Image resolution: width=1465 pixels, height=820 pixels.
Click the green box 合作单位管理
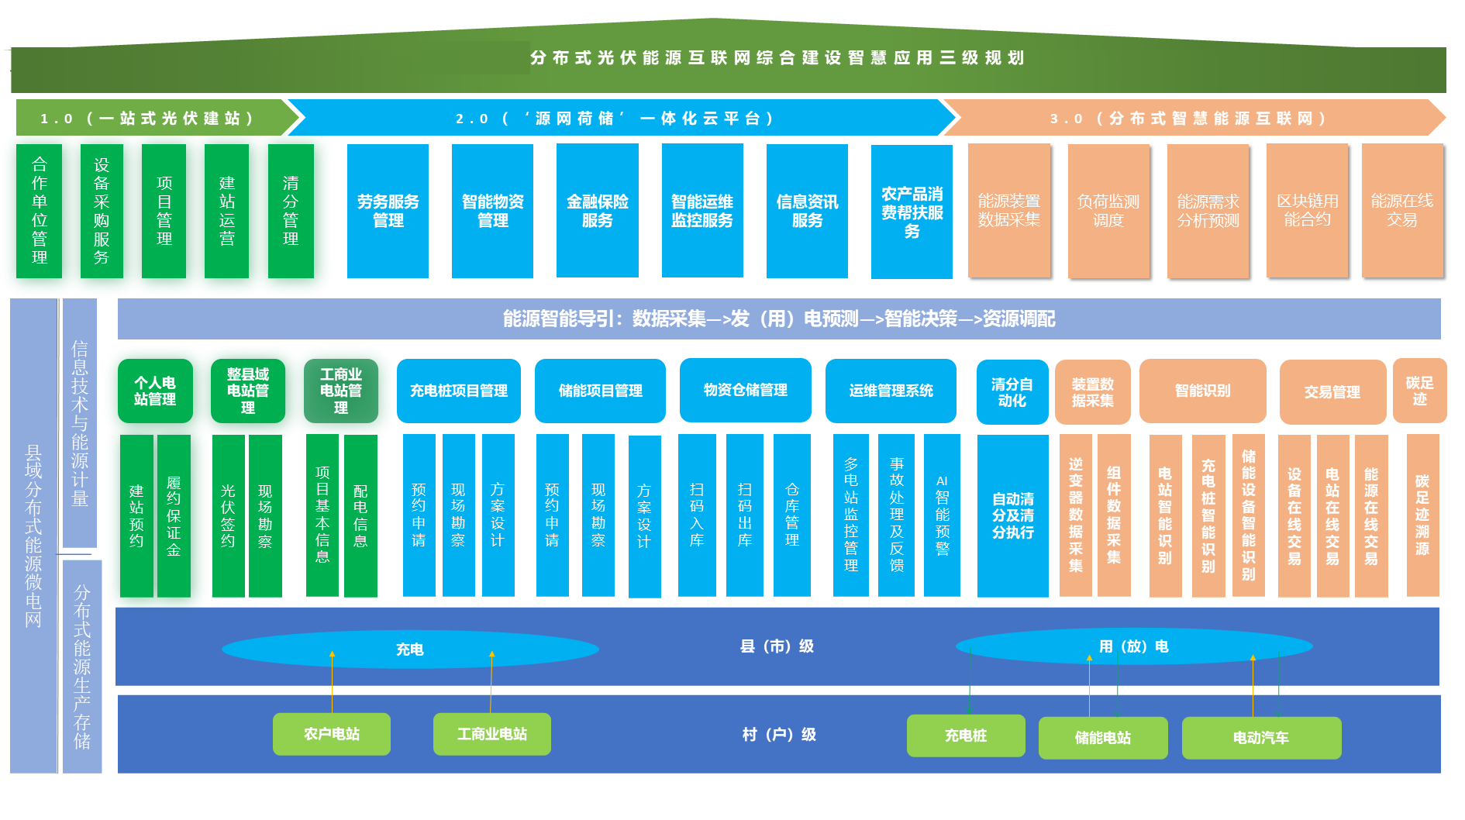tap(39, 211)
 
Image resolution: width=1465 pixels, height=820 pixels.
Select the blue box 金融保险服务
tap(597, 211)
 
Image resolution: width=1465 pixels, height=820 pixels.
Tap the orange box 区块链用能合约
tap(1307, 211)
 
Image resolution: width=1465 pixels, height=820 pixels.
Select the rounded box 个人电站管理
tap(155, 391)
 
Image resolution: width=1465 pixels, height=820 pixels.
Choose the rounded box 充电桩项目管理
tap(458, 391)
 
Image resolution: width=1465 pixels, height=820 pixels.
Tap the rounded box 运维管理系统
tap(891, 391)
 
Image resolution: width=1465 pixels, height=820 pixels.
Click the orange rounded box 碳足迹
tap(1419, 391)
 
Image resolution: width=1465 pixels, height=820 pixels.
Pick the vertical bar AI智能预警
tap(942, 515)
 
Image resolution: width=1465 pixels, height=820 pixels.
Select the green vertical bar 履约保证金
tap(174, 515)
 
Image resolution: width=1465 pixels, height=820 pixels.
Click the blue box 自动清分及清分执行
tap(1012, 515)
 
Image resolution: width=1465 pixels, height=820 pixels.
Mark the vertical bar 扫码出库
tap(744, 515)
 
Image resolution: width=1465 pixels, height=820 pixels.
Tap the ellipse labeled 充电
tap(409, 649)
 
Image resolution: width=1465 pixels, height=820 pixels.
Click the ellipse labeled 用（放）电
tap(1133, 646)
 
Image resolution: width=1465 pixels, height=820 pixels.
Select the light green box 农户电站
tap(332, 734)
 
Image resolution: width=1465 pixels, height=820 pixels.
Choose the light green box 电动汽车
tap(1260, 738)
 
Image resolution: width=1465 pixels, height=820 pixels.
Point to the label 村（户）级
tap(778, 734)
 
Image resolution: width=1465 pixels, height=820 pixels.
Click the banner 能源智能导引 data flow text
tap(778, 319)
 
